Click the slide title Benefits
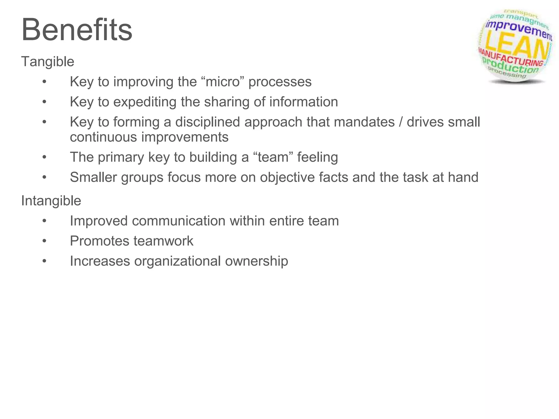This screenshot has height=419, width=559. coord(77,29)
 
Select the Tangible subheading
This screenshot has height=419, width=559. coord(47,62)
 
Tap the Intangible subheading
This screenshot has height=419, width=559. coord(51,201)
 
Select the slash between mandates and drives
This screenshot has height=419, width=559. coord(400,122)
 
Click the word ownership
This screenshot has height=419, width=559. coord(257,261)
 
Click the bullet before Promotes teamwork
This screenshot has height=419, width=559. coord(44,241)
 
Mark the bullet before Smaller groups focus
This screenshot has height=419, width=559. coord(44,177)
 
